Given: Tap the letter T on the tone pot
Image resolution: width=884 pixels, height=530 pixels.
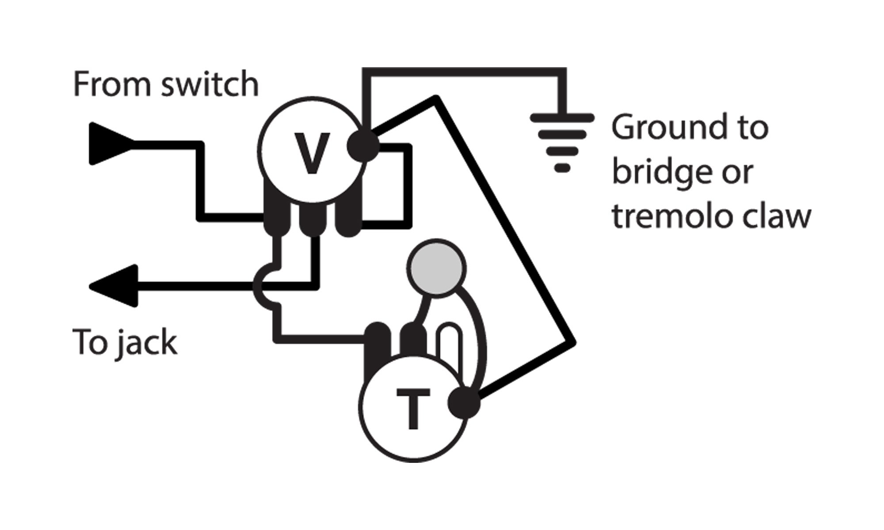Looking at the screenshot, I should (413, 409).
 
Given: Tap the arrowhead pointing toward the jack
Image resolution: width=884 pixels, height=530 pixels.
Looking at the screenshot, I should (115, 286).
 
